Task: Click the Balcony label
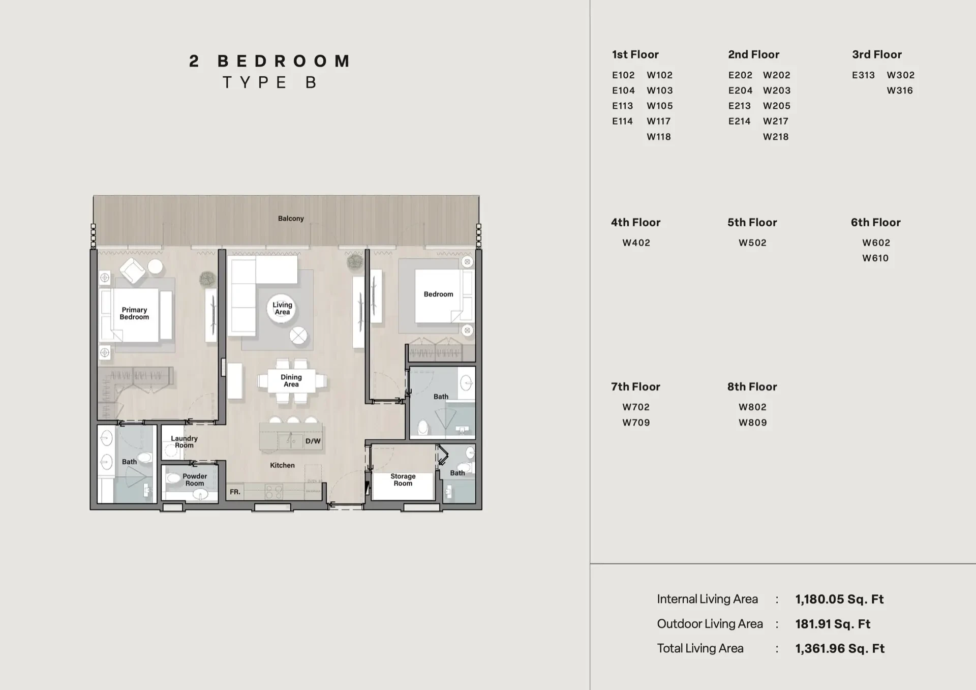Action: [291, 219]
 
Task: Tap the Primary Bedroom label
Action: [134, 313]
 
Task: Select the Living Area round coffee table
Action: [282, 309]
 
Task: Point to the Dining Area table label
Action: [291, 381]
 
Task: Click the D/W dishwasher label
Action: [313, 441]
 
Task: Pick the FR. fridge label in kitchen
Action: [235, 492]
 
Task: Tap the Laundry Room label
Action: [184, 442]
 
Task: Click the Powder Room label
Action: [195, 480]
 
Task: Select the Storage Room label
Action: [403, 480]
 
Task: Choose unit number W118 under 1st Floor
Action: [659, 137]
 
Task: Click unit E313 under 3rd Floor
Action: [863, 75]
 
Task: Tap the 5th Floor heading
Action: [752, 223]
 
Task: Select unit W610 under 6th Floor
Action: [875, 258]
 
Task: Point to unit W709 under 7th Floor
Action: [636, 423]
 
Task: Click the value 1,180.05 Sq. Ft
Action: [839, 599]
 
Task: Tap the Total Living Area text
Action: [700, 648]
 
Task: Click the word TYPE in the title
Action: [255, 82]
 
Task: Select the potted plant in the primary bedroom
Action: [207, 279]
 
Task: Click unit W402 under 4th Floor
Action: [636, 243]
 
